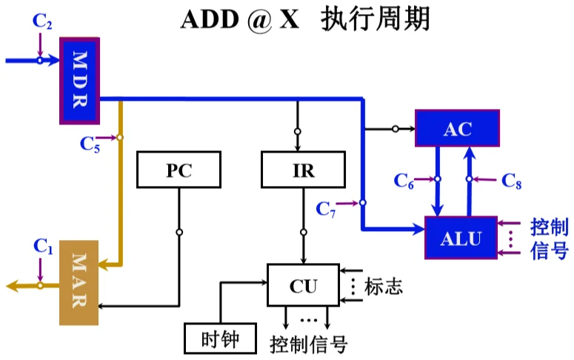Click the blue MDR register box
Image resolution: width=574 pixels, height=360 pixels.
tap(79, 81)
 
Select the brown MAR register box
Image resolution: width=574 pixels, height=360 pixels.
tap(79, 283)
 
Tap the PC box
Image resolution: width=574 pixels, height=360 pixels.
tap(178, 170)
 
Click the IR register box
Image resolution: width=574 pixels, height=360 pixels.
tap(303, 170)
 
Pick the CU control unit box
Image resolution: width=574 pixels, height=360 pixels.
tap(303, 285)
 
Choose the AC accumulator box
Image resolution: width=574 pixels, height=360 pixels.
tap(457, 128)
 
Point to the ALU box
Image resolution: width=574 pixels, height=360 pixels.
tap(461, 238)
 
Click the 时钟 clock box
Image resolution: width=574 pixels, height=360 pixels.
tap(220, 339)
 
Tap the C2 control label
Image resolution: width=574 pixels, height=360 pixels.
tap(42, 21)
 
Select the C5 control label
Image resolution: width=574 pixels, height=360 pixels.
tap(90, 144)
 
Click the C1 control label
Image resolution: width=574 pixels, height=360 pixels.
tap(43, 246)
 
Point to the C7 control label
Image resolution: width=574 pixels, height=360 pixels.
tap(325, 209)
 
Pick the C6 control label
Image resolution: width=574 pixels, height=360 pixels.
tap(404, 181)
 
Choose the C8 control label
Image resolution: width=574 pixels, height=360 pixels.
tap(511, 181)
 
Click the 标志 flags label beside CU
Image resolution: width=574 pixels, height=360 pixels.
tap(383, 286)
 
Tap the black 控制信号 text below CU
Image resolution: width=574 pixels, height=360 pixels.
tap(308, 344)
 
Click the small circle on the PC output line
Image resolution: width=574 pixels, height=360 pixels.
tap(179, 232)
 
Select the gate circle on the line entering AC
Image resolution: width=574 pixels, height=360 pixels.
tap(396, 129)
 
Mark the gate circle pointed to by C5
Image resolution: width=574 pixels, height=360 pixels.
tap(120, 137)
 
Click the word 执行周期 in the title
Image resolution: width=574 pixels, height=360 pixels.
tap(375, 19)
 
